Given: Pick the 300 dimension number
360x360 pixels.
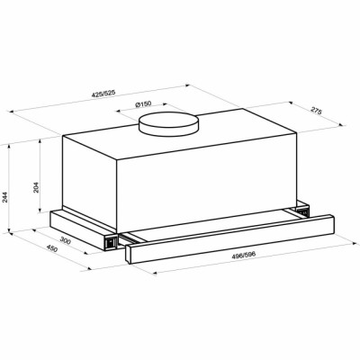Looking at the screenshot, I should click(x=64, y=241).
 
